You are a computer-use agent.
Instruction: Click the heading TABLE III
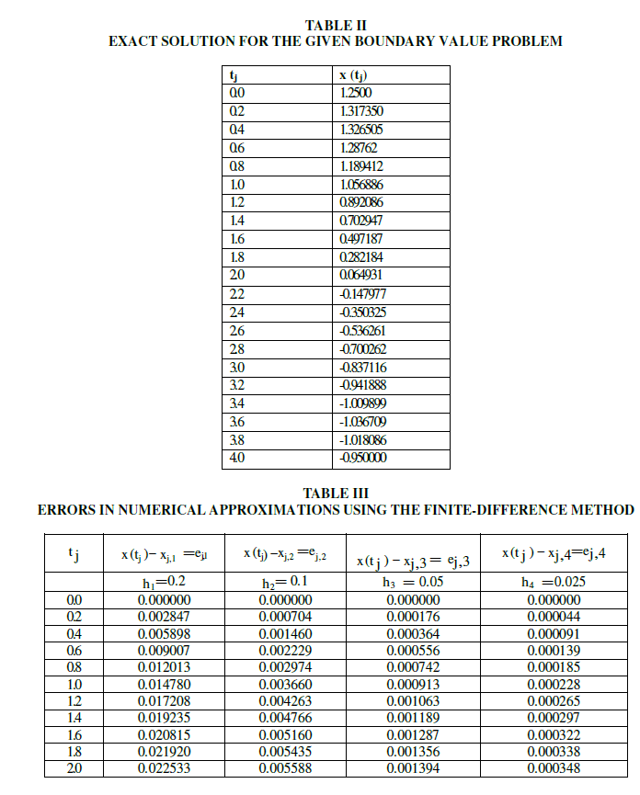click(335, 494)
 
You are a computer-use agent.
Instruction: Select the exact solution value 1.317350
click(362, 111)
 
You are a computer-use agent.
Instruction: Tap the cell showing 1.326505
click(362, 130)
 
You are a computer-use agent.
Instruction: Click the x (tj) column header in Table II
click(360, 75)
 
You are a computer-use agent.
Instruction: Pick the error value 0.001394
click(412, 768)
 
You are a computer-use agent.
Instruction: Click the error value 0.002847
click(164, 617)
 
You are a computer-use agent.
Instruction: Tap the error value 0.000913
click(412, 684)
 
